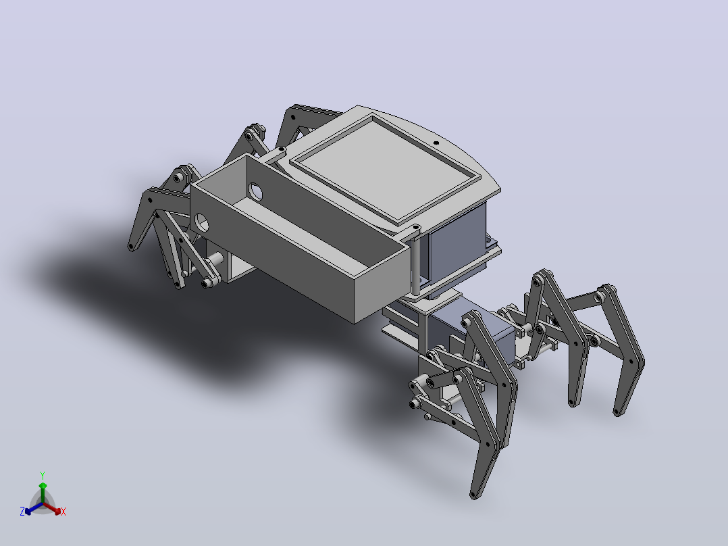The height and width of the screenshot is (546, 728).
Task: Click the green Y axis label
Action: (x=43, y=475)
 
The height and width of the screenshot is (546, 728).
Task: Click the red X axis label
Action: (x=63, y=512)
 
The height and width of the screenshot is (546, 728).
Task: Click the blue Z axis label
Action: (x=22, y=512)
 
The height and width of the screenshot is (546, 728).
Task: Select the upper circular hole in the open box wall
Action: (x=255, y=191)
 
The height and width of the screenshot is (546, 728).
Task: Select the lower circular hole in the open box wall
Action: (x=201, y=222)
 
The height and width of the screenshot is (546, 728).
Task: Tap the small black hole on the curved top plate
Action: (x=436, y=143)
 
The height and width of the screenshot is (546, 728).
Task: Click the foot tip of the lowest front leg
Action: (x=474, y=495)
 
